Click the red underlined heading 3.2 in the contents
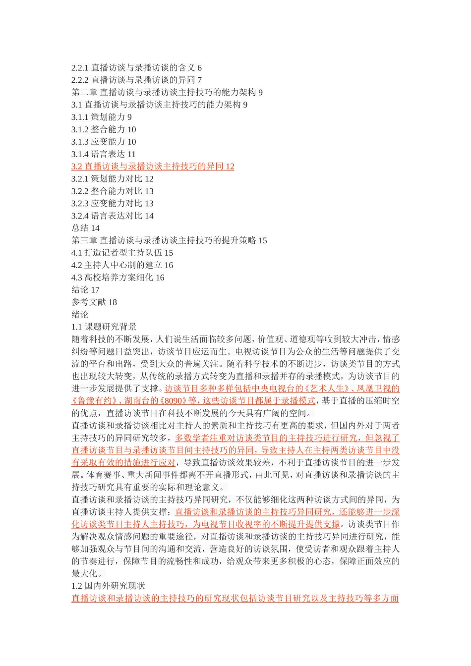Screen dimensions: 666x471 (x=153, y=166)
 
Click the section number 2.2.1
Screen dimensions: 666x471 (x=80, y=68)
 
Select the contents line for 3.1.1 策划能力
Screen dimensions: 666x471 (x=102, y=117)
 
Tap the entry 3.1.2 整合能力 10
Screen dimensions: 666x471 (x=104, y=130)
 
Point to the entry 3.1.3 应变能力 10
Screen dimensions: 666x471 (x=104, y=142)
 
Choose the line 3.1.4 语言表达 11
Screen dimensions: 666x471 (x=104, y=154)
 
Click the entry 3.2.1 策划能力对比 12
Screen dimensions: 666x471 (x=113, y=179)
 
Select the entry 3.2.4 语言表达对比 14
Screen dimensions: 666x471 (x=113, y=216)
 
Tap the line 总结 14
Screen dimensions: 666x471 (x=86, y=228)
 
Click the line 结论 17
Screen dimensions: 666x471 (x=86, y=290)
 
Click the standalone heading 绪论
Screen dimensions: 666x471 (x=80, y=315)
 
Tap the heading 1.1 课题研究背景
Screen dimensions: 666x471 (x=104, y=327)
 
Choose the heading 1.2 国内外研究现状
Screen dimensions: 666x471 (x=109, y=586)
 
